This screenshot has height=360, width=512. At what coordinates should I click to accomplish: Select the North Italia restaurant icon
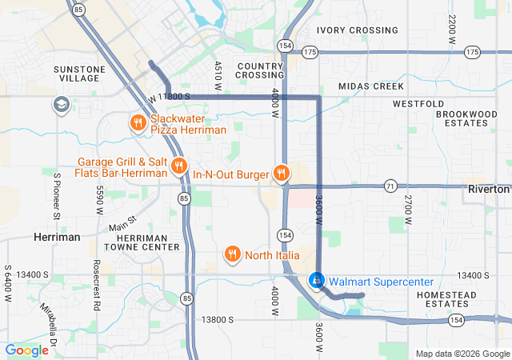pos(232,254)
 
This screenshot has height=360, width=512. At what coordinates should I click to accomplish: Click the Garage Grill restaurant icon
pos(178,166)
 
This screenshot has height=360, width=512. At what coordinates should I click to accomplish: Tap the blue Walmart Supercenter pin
pos(317,281)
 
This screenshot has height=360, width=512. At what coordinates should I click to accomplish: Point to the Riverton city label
pos(488,190)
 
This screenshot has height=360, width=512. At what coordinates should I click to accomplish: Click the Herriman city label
pos(57,238)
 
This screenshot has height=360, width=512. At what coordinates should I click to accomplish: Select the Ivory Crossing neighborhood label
pos(357,30)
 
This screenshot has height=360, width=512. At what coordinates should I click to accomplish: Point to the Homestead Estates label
pos(469,299)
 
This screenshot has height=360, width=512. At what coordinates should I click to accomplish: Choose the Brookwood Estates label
pos(466,118)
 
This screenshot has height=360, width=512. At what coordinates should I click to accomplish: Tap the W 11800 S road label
pos(168,97)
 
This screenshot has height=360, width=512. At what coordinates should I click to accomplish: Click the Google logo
pos(27,350)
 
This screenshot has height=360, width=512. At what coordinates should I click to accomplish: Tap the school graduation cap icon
pos(62,105)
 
